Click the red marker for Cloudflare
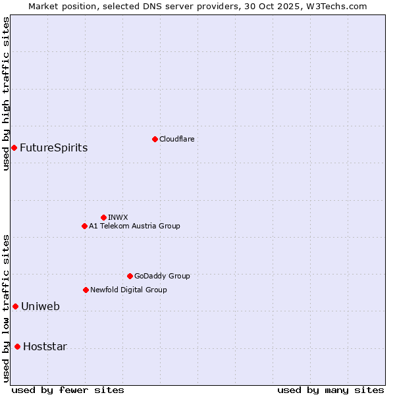155,139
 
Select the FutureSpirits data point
14,147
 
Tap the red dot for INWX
103,217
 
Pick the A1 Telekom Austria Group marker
84,226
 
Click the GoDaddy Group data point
130,276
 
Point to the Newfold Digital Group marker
86,290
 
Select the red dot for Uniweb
15,306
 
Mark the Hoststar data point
17,346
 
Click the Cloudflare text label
176,139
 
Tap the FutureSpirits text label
53,147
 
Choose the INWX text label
118,217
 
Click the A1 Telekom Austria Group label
134,226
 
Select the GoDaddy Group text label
162,276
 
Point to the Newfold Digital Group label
128,290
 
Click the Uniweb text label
40,306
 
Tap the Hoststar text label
45,346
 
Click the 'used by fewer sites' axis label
68,390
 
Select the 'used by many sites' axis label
330,390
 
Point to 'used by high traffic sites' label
6,93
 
